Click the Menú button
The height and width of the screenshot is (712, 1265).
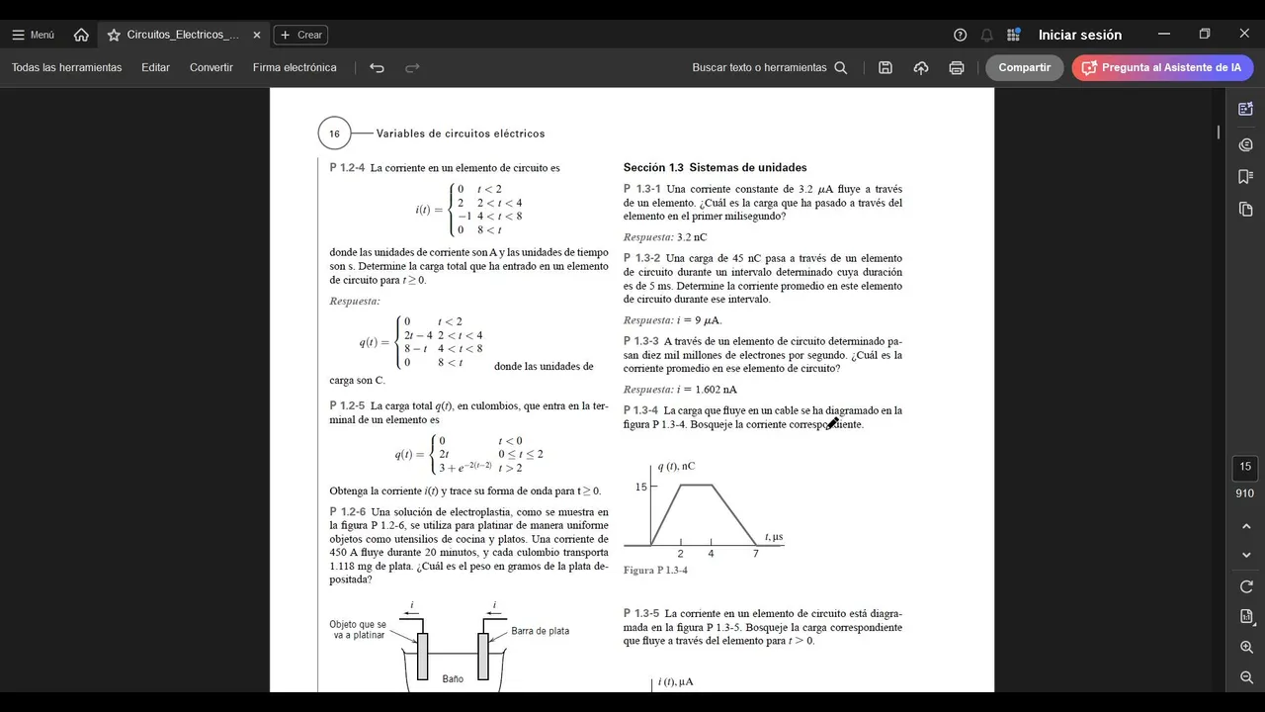[x=33, y=35]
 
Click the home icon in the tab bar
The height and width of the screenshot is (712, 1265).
[x=81, y=35]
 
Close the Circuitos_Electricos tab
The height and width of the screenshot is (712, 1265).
[x=257, y=35]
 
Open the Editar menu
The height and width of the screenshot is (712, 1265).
[x=155, y=67]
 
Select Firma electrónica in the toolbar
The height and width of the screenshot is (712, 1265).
[x=295, y=67]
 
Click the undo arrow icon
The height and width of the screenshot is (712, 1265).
[x=377, y=67]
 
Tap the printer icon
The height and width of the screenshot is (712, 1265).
[x=956, y=67]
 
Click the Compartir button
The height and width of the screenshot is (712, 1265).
[x=1024, y=67]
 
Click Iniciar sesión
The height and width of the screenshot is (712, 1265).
[x=1079, y=35]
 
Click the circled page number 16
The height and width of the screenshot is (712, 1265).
[x=334, y=133]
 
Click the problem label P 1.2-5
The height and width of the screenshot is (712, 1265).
[x=347, y=405]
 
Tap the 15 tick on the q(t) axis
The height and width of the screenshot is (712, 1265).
[x=641, y=487]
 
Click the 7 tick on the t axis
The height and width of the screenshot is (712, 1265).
[x=756, y=554]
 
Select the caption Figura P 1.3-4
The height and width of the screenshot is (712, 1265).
[x=655, y=571]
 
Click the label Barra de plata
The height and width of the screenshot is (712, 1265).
[x=540, y=631]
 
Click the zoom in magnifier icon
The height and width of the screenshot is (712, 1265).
[x=1246, y=647]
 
